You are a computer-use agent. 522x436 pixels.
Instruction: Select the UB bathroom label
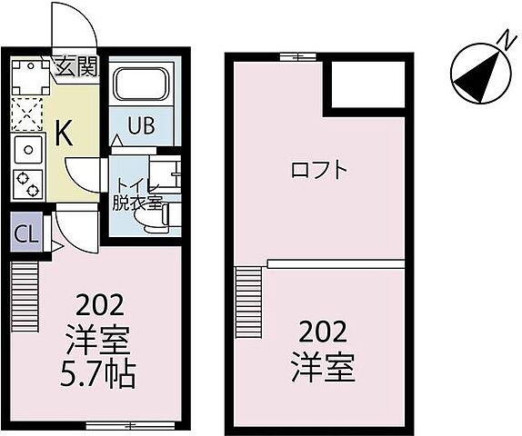coord(140,125)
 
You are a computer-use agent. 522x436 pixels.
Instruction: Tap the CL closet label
coord(25,233)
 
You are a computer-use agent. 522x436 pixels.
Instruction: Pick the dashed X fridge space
coord(27,116)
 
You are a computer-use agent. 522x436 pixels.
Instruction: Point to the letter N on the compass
coord(502,36)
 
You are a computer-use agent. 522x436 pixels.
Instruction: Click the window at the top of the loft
coord(291,57)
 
